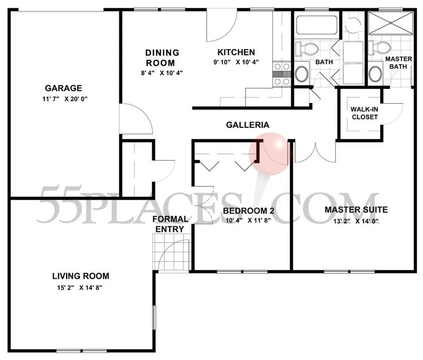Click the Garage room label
(x=63, y=89)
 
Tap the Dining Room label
(x=161, y=58)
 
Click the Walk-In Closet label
(x=364, y=113)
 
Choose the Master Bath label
(x=398, y=62)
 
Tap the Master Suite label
(x=356, y=210)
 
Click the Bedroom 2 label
(x=248, y=211)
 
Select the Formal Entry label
(x=170, y=224)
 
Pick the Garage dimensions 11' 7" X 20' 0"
(x=63, y=98)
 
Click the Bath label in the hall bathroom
(x=323, y=62)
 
